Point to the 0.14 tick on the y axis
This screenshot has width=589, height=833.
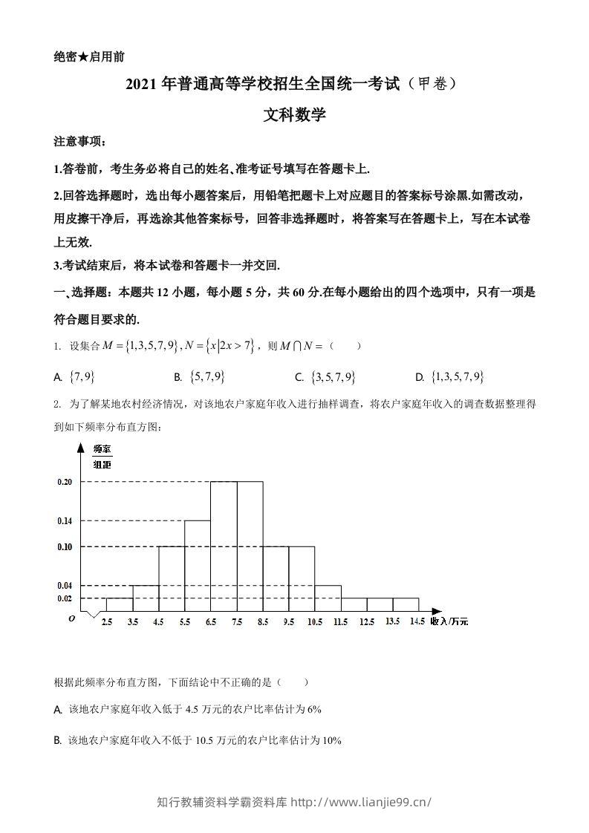coord(65,521)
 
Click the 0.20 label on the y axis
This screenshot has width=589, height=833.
coord(65,482)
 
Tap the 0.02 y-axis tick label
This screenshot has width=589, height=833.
coord(65,598)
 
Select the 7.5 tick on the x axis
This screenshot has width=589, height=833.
coord(237,621)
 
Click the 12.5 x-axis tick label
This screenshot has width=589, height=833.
coord(367,621)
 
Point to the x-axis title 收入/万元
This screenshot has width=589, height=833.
coord(450,621)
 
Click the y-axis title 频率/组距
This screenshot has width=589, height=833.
coord(102,457)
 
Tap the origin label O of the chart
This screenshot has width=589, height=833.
coord(71,618)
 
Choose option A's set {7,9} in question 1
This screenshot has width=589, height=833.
coord(80,377)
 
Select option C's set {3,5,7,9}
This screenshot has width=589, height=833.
coord(333,377)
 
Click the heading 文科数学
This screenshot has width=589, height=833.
coord(294,115)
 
